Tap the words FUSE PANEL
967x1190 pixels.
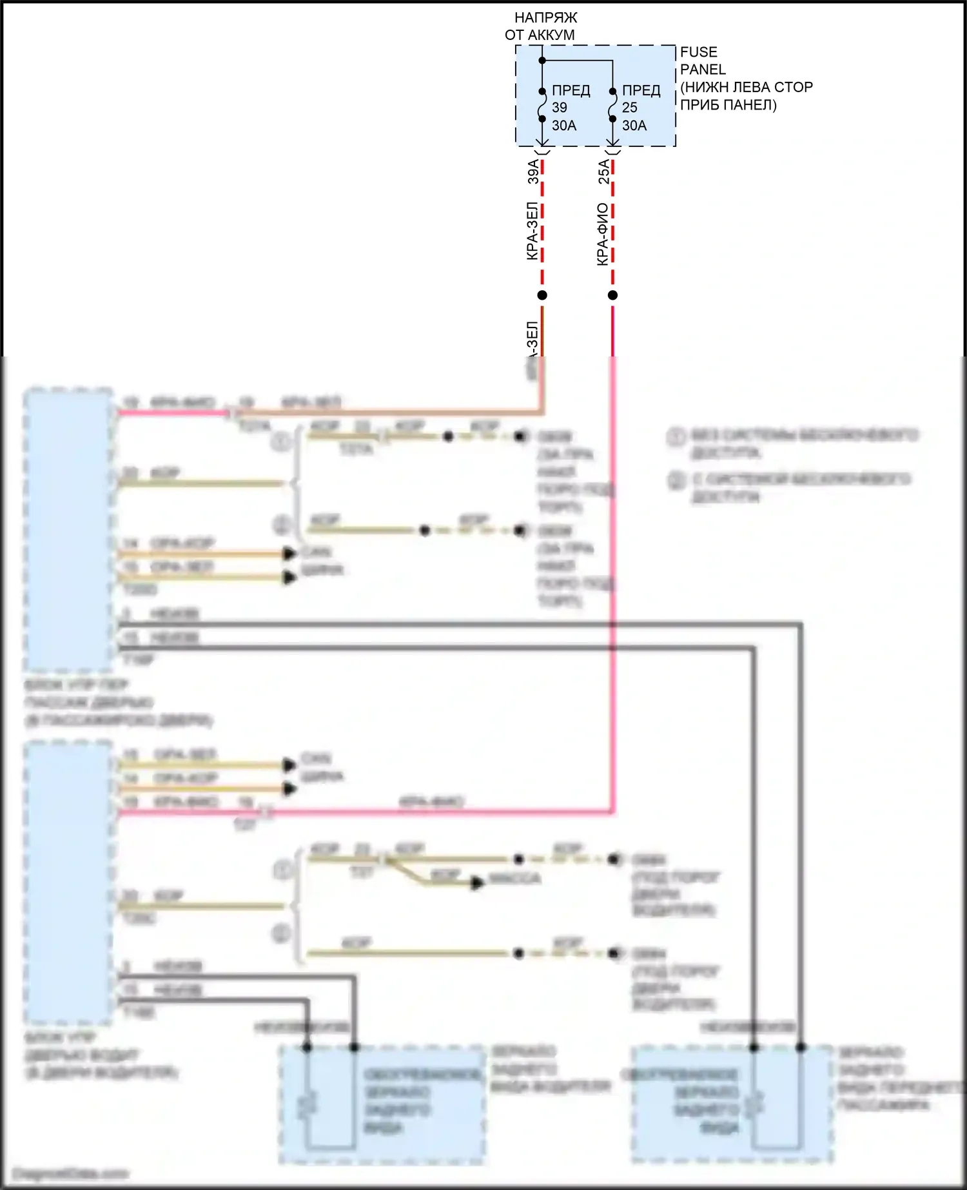pyautogui.click(x=702, y=61)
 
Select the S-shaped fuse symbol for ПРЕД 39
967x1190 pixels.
pyautogui.click(x=542, y=105)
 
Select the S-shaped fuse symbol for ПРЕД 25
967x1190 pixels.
pyautogui.click(x=612, y=105)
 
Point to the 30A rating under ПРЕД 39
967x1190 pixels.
pyautogui.click(x=564, y=126)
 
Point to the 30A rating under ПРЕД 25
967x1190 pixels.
pyautogui.click(x=634, y=126)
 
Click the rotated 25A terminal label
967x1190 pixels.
pyautogui.click(x=604, y=171)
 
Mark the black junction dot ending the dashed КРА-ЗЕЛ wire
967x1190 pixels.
pyautogui.click(x=542, y=295)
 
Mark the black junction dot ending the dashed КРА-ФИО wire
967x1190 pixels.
pyautogui.click(x=612, y=295)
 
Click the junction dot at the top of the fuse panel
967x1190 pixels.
pyautogui.click(x=542, y=61)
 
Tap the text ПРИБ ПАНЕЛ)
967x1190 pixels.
pyautogui.click(x=728, y=105)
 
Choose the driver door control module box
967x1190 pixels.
pyautogui.click(x=68, y=883)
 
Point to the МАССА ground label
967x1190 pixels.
pyautogui.click(x=514, y=879)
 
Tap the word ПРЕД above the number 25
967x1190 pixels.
pyautogui.click(x=641, y=90)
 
